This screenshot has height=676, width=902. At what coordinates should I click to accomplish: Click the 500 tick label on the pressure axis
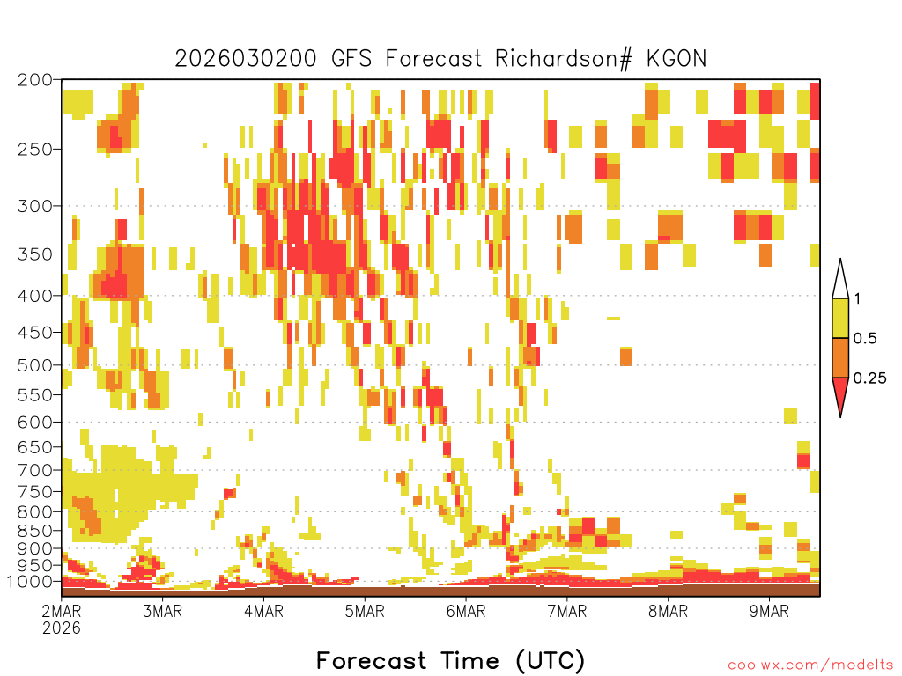coord(35,364)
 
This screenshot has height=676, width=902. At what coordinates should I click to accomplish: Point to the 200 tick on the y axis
coord(35,80)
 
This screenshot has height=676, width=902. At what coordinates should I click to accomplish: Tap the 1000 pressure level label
coord(31,582)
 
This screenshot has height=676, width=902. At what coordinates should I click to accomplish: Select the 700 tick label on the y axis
coord(35,469)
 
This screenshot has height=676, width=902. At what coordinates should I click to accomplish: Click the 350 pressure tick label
coord(35,253)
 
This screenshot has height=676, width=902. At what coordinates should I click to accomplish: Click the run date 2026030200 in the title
coord(248,59)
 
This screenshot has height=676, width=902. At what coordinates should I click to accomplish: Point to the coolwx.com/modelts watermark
coord(810,665)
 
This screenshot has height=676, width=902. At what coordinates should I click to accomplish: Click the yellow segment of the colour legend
coord(840,319)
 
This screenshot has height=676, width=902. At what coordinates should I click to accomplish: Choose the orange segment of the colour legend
coord(840,358)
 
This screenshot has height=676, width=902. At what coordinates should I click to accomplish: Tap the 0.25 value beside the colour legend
coord(870,378)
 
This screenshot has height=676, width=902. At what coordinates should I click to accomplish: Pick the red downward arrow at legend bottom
coord(840,395)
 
